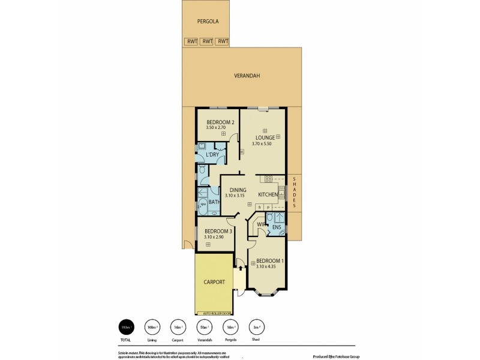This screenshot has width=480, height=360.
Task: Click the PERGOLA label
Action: point(208,22)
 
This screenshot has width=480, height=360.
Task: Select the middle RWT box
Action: point(207,41)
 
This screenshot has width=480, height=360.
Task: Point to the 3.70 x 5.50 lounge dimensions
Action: point(263,144)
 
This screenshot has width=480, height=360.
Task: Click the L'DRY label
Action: point(211,155)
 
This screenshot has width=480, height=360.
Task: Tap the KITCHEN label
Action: point(268,195)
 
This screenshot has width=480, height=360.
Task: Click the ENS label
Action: point(277,227)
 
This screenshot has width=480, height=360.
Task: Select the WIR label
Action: point(261,225)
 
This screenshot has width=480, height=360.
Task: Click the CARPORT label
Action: point(214,282)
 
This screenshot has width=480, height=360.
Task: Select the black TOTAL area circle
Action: point(127,327)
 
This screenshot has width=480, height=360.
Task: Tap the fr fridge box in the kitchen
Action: point(259,206)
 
